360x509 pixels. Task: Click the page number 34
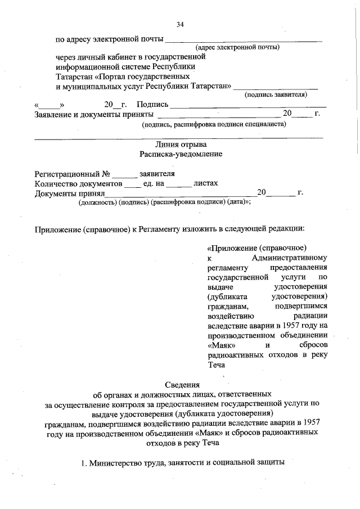pos(180,24)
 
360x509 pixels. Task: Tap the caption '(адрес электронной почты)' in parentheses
pos(237,48)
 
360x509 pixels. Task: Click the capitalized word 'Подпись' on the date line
pos(152,105)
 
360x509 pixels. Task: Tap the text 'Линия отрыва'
pos(180,144)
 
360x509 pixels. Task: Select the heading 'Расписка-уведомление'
pos(180,154)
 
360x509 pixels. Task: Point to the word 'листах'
pos(206,183)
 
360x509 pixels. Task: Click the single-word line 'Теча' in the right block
pos(217,364)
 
